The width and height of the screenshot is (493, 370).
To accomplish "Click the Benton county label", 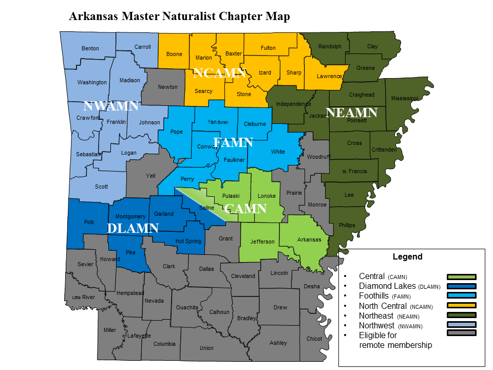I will coord(90,49).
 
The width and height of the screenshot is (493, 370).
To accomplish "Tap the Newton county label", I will coord(167,87).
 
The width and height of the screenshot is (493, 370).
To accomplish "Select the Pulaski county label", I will coord(231,196).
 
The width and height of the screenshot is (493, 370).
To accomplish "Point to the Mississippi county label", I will coord(405,98).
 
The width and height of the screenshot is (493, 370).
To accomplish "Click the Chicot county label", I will coord(314,339).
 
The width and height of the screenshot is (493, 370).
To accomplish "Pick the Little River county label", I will coord(83,297).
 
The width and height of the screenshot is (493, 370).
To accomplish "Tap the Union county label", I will coord(206,348).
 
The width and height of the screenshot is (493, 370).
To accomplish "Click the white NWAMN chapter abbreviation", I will coord(111,106).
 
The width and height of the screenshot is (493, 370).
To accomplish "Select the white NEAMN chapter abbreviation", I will coord(352,113).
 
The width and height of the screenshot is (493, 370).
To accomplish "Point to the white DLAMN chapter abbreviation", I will coord(132,228).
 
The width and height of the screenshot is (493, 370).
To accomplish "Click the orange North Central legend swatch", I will coord(462,306).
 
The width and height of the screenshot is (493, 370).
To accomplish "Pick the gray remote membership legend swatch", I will coord(462,335).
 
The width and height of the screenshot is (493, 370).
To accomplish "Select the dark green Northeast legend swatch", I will coord(462,316).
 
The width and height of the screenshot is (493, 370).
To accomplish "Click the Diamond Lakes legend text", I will coord(388,286).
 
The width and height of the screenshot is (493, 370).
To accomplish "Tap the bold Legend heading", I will coord(407,257).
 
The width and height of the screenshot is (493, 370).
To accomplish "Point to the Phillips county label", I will coord(347,225).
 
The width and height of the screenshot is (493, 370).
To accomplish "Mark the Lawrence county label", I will coord(329,76).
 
